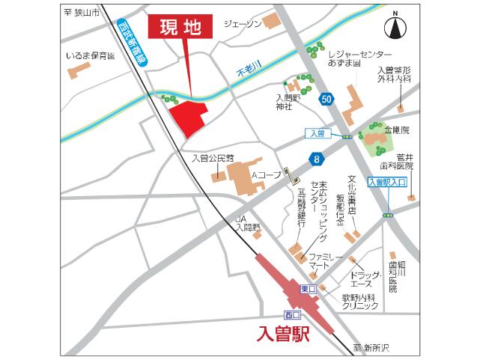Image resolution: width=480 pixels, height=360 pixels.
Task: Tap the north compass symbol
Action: (x=394, y=28)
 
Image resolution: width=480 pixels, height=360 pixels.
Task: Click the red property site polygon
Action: (x=187, y=117)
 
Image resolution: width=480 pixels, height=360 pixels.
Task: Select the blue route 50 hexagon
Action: (x=326, y=98)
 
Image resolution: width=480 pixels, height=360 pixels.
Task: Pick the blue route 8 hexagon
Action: (x=318, y=158)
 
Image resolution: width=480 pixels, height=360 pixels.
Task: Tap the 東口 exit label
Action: (x=308, y=290)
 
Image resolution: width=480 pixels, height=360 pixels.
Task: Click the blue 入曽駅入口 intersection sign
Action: (x=387, y=182)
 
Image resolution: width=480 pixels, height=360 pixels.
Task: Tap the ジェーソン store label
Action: (x=243, y=24)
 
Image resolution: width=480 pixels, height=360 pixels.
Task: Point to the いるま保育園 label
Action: (x=90, y=55)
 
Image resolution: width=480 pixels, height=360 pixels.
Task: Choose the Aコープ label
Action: (x=266, y=175)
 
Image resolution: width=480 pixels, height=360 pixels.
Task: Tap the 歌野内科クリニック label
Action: (x=360, y=302)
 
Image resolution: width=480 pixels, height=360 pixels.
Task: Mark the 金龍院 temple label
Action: (x=397, y=129)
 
